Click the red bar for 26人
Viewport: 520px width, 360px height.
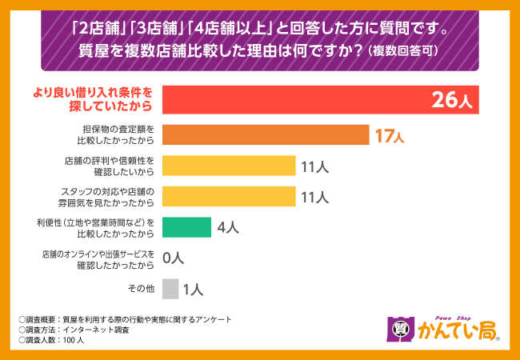click(320, 101)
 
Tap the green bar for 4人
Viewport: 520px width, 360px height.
click(186, 227)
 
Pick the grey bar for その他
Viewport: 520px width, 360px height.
click(170, 289)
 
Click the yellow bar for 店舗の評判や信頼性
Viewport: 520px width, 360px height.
click(229, 166)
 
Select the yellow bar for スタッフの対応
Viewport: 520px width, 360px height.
click(229, 196)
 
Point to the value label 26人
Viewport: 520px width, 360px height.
click(453, 101)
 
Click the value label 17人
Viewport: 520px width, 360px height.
click(389, 135)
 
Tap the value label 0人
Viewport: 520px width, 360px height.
click(174, 258)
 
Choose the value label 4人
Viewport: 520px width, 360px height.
click(227, 228)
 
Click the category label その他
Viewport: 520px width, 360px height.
click(140, 290)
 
